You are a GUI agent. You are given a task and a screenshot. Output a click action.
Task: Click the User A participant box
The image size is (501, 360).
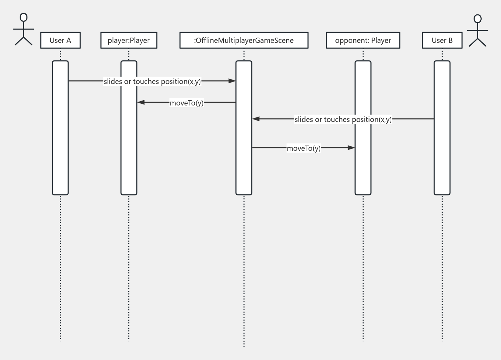[60, 40]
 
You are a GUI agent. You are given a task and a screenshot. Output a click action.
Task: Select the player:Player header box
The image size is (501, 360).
[129, 40]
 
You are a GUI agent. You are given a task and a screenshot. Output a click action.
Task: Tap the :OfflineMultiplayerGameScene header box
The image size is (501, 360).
[244, 40]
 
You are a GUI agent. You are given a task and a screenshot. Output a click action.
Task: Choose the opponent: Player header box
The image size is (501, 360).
[363, 40]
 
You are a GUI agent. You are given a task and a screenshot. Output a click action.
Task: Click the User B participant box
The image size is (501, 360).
[442, 40]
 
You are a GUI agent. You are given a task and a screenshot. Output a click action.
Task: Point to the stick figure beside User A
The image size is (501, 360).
[24, 30]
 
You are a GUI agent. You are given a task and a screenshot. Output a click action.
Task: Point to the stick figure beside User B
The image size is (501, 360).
[477, 31]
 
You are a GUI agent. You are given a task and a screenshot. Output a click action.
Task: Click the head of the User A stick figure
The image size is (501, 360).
[24, 18]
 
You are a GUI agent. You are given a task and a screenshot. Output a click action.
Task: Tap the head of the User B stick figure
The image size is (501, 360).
[477, 19]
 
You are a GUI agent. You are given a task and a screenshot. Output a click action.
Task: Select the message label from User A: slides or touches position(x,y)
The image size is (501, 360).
[152, 81]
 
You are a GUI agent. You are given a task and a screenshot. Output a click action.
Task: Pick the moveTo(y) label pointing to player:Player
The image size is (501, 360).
[186, 103]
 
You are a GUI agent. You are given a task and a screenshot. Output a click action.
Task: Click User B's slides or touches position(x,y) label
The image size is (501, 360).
[343, 119]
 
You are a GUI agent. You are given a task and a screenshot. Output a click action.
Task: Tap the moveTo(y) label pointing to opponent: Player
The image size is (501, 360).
[303, 148]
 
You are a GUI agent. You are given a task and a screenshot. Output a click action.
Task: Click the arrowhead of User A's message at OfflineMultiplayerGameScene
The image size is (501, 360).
[232, 81]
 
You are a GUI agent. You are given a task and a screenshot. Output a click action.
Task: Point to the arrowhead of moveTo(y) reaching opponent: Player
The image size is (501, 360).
[351, 148]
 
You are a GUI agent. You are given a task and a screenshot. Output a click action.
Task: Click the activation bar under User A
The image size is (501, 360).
[60, 158]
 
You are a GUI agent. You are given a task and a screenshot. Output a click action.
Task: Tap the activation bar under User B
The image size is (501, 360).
[442, 158]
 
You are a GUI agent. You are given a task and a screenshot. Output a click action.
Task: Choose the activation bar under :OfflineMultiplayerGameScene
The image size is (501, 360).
[244, 169]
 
